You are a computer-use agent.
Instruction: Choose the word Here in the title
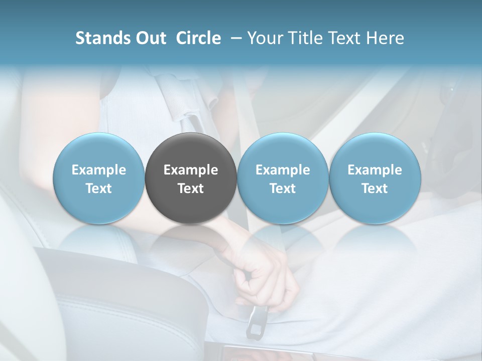click(x=385, y=38)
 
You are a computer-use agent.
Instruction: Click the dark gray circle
click(x=191, y=178)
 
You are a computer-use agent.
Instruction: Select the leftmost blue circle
click(x=98, y=178)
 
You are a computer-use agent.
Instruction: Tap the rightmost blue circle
click(x=375, y=178)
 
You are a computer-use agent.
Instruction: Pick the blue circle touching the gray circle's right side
click(x=283, y=178)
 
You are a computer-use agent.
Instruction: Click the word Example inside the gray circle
click(x=191, y=170)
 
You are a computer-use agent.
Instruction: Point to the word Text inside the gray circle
click(x=191, y=189)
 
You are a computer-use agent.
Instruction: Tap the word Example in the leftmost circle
click(x=98, y=170)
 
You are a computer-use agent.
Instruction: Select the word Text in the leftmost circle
click(x=98, y=189)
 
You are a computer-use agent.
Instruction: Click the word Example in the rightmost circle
click(x=375, y=170)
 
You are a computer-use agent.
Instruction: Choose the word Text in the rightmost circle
click(x=375, y=189)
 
